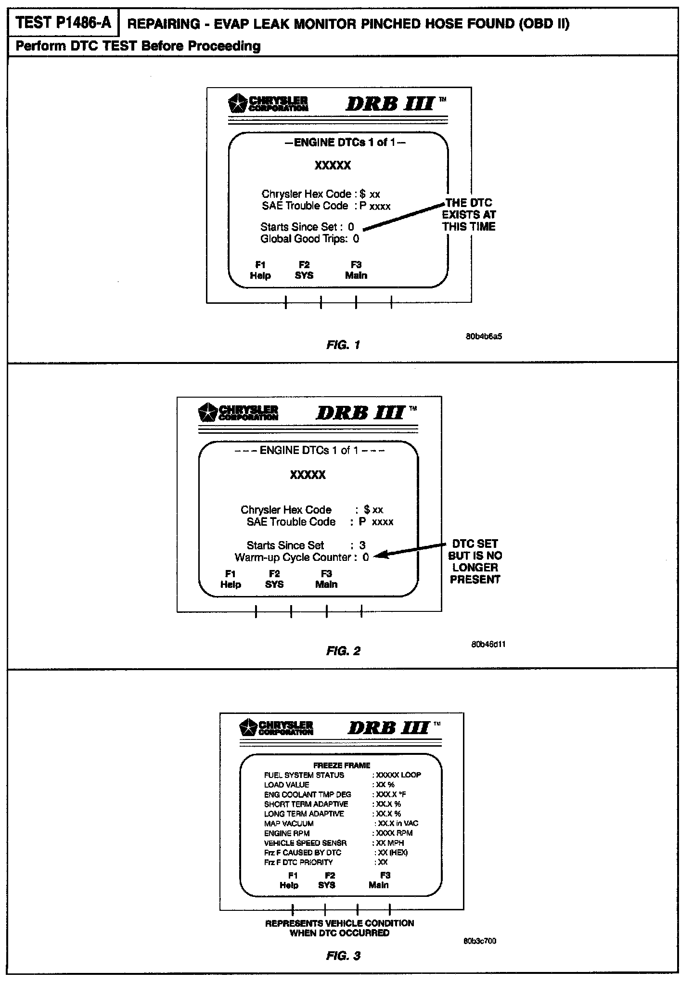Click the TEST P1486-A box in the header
(63, 23)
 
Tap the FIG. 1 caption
(343, 345)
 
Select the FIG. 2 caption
(343, 651)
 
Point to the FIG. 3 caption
(343, 956)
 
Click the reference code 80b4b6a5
(484, 337)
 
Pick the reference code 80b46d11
(488, 644)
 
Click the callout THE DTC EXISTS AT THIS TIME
(469, 215)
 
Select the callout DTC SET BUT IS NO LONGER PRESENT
(475, 561)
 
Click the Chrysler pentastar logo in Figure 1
(238, 104)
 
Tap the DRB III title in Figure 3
(388, 727)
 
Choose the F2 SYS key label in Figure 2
(274, 579)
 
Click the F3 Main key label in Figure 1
(356, 270)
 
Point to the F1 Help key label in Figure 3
(289, 880)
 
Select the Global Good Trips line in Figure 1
(309, 239)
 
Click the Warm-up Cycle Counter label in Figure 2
(293, 557)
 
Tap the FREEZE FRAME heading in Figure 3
(342, 765)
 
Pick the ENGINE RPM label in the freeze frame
(287, 833)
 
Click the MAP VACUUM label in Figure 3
(289, 824)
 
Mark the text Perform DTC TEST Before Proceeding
(138, 46)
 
